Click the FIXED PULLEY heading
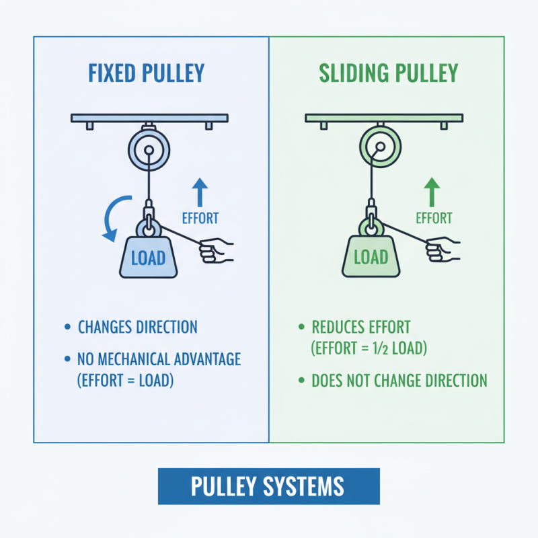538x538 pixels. tap(146, 73)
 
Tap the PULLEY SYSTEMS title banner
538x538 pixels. tap(268, 486)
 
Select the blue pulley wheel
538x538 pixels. tap(149, 149)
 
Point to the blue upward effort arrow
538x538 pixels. tap(199, 192)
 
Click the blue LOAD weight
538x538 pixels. tap(148, 258)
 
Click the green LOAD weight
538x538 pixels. tap(371, 258)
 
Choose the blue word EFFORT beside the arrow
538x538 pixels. tap(200, 218)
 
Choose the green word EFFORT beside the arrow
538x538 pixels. tap(434, 218)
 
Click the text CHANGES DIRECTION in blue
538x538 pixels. tap(138, 328)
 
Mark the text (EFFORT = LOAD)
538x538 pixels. tap(126, 380)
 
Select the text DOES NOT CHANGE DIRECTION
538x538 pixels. tap(399, 381)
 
